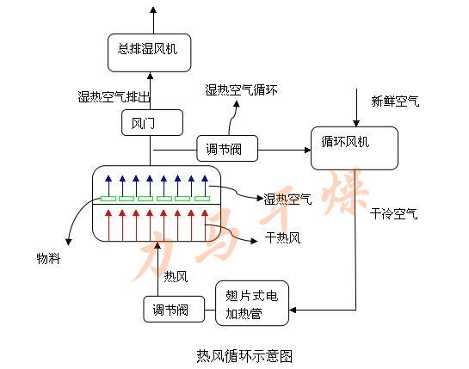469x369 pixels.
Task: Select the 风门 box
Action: point(151,122)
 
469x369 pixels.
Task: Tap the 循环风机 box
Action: point(355,147)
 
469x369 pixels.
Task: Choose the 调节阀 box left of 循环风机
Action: point(225,148)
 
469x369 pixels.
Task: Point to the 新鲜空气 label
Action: point(395,101)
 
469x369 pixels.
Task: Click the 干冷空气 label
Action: point(394,213)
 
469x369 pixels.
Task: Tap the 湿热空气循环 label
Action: point(241,89)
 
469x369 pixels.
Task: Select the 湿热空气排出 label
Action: point(114,98)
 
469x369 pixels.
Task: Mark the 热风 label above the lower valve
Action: point(175,275)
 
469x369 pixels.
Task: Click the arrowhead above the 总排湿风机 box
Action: point(152,9)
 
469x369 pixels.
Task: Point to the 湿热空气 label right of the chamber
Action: point(288,199)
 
